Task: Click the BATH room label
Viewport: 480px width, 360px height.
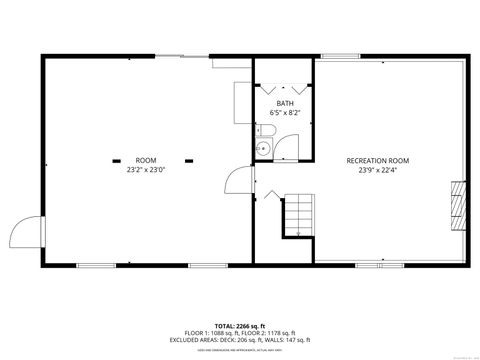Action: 285,103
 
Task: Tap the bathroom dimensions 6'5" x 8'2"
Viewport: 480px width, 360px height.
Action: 285,112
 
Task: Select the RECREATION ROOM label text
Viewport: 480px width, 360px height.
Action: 377,160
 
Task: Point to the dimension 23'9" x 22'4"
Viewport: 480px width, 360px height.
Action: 377,169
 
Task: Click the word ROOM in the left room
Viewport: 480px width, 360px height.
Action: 146,160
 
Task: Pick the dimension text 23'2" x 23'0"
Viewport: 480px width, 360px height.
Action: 146,169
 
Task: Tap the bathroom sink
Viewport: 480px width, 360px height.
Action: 262,150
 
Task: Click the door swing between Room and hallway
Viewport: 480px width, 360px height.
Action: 236,183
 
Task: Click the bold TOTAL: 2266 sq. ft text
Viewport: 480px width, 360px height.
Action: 240,326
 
